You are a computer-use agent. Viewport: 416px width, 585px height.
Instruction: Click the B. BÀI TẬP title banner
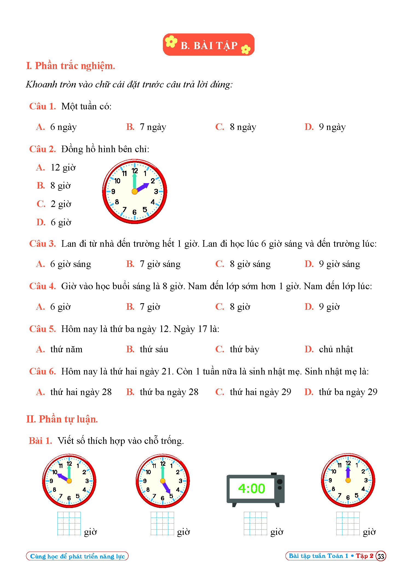209,45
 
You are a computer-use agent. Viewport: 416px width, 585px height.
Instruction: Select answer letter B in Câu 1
130,127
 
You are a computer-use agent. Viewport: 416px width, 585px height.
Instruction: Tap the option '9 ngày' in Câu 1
332,127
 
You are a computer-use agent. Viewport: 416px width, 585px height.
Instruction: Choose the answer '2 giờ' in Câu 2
61,204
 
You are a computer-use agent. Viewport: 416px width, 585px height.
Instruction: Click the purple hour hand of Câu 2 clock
143,187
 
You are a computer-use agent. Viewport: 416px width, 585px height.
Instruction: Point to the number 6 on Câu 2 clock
134,212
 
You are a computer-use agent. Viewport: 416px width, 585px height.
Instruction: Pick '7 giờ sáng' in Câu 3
160,264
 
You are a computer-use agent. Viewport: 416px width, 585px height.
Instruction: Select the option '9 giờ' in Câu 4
329,307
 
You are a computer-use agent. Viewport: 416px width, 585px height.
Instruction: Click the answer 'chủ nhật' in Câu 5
336,349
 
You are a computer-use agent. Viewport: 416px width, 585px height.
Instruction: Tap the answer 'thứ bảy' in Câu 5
244,349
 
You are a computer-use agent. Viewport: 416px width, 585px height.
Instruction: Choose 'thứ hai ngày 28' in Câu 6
81,392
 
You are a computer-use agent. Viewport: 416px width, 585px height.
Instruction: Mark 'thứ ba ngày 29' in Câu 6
348,392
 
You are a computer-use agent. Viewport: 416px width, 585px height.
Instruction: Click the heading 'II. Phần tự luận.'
62,419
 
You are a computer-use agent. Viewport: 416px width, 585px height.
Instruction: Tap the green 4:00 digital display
252,489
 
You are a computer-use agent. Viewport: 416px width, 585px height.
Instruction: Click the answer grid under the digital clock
255,523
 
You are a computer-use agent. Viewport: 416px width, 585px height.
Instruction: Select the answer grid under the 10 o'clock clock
69,523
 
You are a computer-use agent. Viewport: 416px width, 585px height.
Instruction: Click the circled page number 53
381,556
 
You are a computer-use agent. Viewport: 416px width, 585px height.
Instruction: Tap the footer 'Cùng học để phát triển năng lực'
77,556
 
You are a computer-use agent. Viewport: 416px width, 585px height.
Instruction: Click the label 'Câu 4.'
42,286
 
